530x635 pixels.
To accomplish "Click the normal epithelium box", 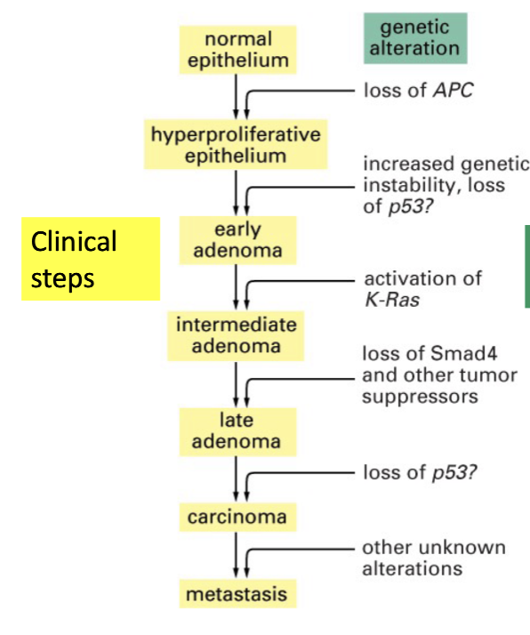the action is coord(237,50).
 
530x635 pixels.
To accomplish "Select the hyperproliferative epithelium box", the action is coord(236,145).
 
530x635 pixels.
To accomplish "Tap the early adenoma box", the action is coord(237,240).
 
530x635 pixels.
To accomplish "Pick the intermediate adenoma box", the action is coord(236,335).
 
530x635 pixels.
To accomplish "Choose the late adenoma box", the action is coord(237,431).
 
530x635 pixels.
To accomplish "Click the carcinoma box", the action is coord(237,517).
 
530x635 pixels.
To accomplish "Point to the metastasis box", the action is coord(237,594).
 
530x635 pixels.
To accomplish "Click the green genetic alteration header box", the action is coord(415,38).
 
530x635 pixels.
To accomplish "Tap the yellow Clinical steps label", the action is coord(91,259).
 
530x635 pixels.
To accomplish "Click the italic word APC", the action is coord(453,90).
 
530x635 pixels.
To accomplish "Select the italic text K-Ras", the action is coord(392,300).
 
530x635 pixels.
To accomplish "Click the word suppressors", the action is coord(420,397).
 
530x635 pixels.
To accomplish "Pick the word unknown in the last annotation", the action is coord(462,548).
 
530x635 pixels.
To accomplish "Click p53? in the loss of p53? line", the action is coord(454,472).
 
